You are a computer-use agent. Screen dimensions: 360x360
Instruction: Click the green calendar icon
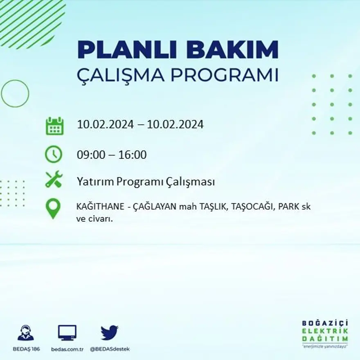click(54, 126)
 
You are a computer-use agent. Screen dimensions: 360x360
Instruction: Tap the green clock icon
click(54, 154)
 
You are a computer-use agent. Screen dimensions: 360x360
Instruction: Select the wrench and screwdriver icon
click(54, 179)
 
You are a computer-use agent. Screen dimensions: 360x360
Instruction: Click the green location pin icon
click(53, 208)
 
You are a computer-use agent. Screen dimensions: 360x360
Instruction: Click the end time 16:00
click(133, 155)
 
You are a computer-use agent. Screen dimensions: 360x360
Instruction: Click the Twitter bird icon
click(109, 333)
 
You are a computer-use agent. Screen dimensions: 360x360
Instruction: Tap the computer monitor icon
click(67, 333)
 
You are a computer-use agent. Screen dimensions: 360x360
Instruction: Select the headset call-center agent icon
click(26, 333)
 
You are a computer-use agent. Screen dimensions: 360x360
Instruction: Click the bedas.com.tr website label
click(67, 349)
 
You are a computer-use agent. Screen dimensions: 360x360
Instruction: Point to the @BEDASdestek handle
click(109, 349)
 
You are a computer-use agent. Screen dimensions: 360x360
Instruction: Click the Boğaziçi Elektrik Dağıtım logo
click(325, 333)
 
